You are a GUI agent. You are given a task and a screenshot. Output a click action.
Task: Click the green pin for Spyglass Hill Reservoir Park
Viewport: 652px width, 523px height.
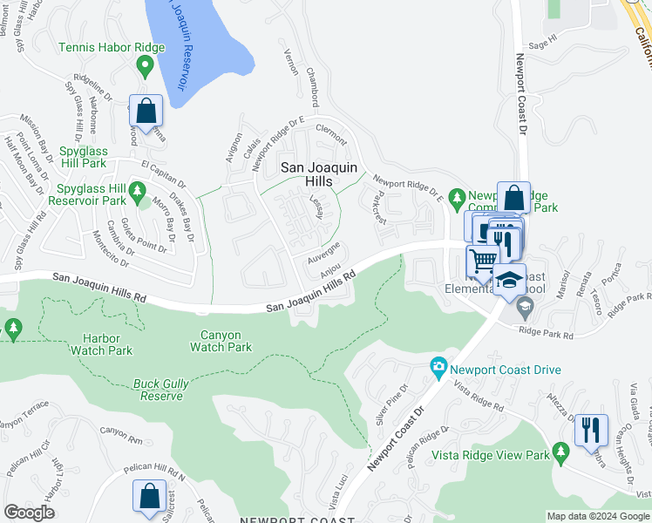[x=137, y=189]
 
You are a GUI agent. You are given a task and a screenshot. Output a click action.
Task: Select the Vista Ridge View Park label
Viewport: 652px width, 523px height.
[x=491, y=455]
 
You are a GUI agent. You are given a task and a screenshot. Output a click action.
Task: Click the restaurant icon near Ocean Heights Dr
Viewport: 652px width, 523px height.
[x=591, y=429]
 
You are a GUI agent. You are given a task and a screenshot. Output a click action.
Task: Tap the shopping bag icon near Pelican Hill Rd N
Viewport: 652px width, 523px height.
[x=149, y=495]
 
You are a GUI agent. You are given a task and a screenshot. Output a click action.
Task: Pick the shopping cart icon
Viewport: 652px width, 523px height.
[x=482, y=260]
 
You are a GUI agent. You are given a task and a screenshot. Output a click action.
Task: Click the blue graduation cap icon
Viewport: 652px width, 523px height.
[x=509, y=280]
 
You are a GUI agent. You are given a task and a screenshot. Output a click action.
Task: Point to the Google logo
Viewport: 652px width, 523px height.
[x=30, y=513]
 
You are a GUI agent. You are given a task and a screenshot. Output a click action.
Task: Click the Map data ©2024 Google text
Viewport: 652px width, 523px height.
[x=598, y=516]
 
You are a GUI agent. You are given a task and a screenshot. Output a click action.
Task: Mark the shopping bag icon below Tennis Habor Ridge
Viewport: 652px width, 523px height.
[x=146, y=111]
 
